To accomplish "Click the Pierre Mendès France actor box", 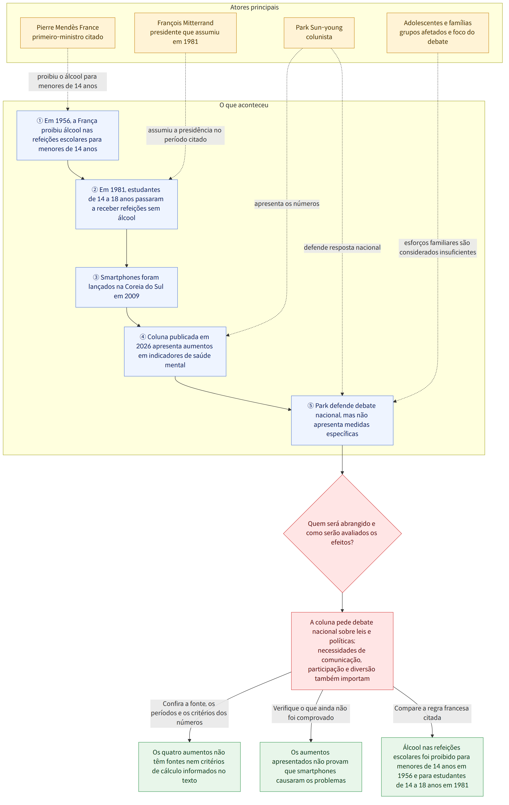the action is [x=67, y=33].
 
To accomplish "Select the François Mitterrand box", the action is [x=185, y=33].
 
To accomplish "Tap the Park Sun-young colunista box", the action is [x=319, y=33].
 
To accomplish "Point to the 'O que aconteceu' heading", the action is [x=244, y=105].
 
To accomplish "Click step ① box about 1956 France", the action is [x=67, y=135].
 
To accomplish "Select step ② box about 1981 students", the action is [x=126, y=204].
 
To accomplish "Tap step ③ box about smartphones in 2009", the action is [x=126, y=287].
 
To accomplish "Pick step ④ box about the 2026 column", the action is [x=175, y=351].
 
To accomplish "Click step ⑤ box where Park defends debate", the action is [x=342, y=420].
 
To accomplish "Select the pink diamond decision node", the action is [x=342, y=534].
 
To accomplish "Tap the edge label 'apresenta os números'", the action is [x=287, y=204].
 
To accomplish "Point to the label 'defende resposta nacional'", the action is [x=342, y=247].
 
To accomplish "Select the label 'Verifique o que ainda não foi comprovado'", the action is [x=311, y=713].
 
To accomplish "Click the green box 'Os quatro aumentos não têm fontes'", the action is [x=189, y=766].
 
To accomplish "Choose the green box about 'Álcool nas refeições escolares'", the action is [x=432, y=766].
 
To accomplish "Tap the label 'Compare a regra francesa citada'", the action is [x=432, y=713].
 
